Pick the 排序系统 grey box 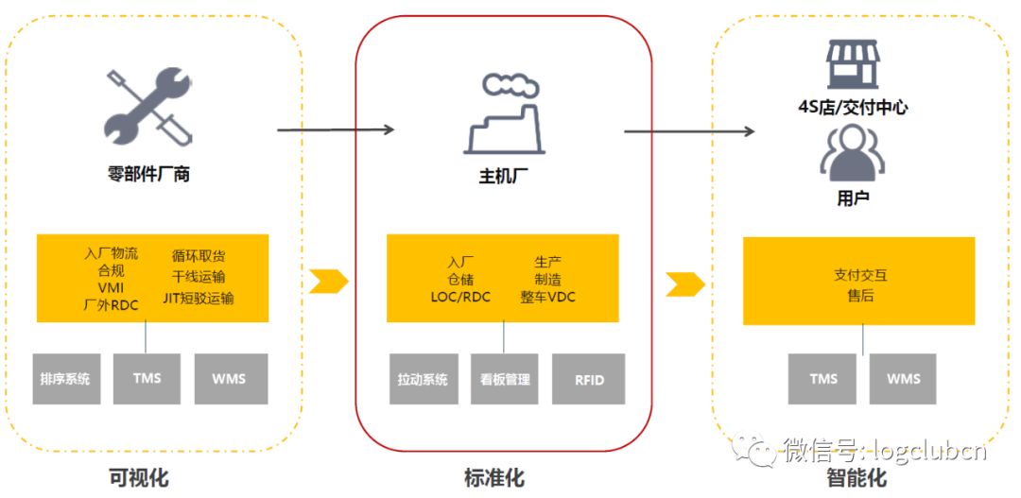65,379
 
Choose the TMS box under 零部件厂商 147,379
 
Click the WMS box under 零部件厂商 228,379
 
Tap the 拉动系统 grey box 423,380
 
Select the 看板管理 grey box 505,380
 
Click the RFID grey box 588,380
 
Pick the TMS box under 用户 822,379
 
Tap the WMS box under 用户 903,379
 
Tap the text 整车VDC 547,297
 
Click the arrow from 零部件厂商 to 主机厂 336,129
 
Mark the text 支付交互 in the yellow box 860,276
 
